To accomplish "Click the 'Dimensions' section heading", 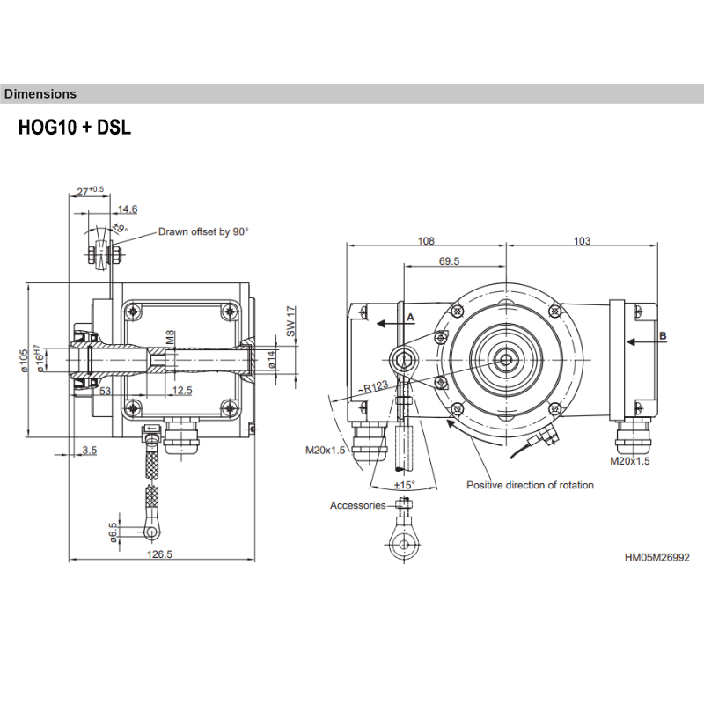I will pyautogui.click(x=40, y=94).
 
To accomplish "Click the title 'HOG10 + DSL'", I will pyautogui.click(x=75, y=128).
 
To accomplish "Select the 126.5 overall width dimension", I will pyautogui.click(x=159, y=554).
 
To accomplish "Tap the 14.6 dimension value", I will pyautogui.click(x=128, y=209).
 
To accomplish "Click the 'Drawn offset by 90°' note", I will pyautogui.click(x=203, y=231).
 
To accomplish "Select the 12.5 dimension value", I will pyautogui.click(x=182, y=390).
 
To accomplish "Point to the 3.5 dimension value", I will pyautogui.click(x=90, y=450).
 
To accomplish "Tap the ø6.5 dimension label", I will pyautogui.click(x=113, y=532).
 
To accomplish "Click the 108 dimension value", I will pyautogui.click(x=426, y=240).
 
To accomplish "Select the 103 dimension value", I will pyautogui.click(x=582, y=240).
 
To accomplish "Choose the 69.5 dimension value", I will pyautogui.click(x=449, y=261).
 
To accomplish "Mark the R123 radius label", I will pyautogui.click(x=373, y=387).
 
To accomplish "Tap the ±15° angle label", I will pyautogui.click(x=404, y=485).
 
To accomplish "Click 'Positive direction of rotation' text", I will pyautogui.click(x=530, y=485).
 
